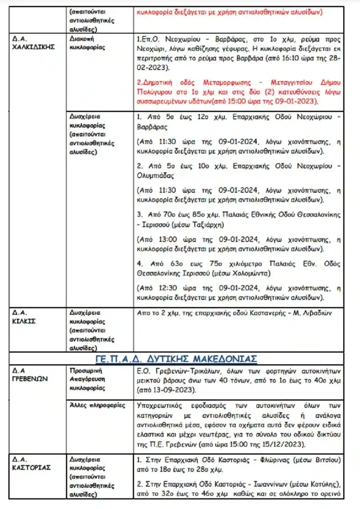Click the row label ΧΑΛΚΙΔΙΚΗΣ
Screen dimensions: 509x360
pyautogui.click(x=34, y=48)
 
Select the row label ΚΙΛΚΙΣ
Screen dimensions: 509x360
pyautogui.click(x=24, y=321)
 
